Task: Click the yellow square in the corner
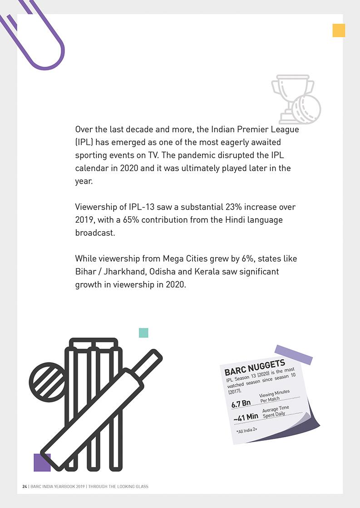click(339, 30)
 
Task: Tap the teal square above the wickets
click(143, 333)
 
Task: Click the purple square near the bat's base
click(42, 462)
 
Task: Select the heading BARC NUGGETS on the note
click(255, 367)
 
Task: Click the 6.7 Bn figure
click(241, 403)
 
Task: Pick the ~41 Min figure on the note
click(246, 417)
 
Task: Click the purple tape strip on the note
click(294, 354)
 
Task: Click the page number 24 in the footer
click(25, 487)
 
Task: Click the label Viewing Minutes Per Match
click(274, 396)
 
